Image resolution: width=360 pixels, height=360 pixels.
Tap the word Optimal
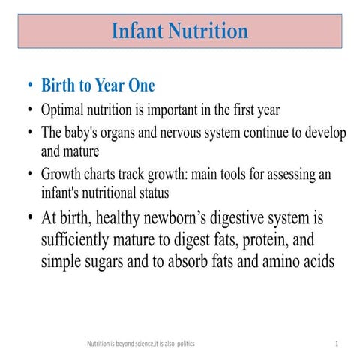pyautogui.click(x=64, y=110)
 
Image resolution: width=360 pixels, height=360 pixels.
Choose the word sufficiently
pyautogui.click(x=79, y=242)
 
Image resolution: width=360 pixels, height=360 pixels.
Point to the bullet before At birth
pyautogui.click(x=29, y=220)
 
